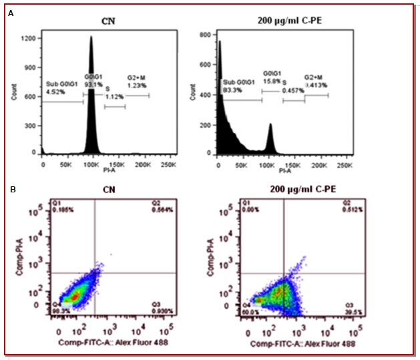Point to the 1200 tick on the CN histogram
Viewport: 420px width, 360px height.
point(30,39)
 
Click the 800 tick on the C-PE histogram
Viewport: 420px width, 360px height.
point(208,34)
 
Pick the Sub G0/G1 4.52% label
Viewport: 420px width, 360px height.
point(59,87)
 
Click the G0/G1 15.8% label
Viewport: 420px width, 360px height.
point(272,78)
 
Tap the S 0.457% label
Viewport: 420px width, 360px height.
point(292,87)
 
